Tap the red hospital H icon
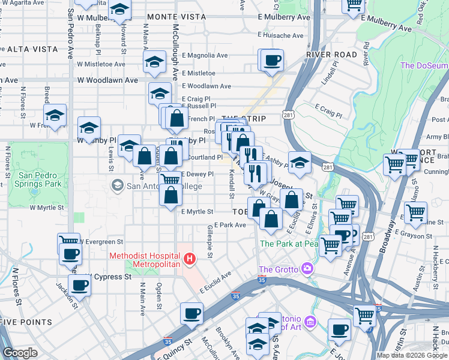(189, 259)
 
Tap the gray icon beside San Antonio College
(117, 185)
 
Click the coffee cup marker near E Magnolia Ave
(271, 60)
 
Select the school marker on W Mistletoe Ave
(155, 62)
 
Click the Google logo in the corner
(20, 353)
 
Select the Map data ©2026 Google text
(412, 355)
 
